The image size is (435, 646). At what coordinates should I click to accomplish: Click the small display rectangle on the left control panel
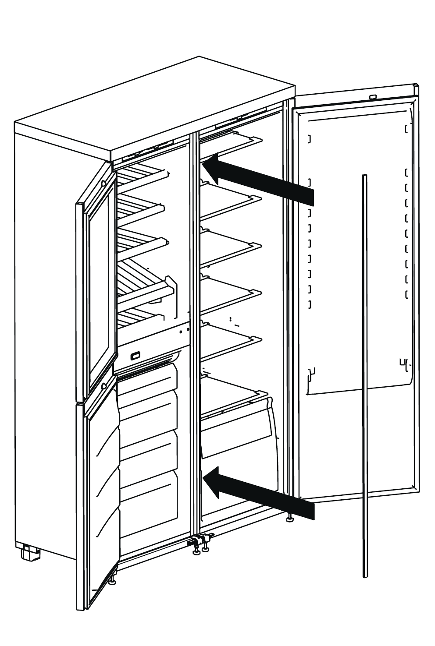(x=135, y=355)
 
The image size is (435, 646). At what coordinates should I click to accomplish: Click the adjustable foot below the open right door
(x=289, y=519)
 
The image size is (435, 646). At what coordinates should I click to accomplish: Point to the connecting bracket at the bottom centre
(x=198, y=541)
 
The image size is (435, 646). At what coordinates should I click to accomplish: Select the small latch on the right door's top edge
(x=373, y=97)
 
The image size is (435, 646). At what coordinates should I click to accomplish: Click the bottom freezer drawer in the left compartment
(x=149, y=504)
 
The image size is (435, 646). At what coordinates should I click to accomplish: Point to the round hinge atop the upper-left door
(x=103, y=184)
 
